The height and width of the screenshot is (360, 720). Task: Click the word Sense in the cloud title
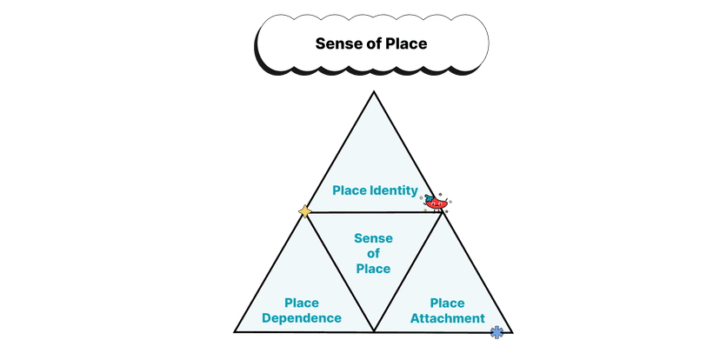click(334, 43)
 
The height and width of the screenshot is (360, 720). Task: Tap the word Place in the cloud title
click(405, 43)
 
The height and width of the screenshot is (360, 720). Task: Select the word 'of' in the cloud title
click(370, 43)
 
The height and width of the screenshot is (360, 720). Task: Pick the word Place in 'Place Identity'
click(348, 191)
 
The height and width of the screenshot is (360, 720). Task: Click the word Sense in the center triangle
click(373, 238)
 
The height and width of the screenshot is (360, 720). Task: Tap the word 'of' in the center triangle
click(373, 253)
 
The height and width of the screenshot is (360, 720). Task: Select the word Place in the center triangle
click(373, 269)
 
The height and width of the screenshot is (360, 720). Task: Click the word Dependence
click(302, 318)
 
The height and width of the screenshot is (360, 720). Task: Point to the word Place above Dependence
click(302, 303)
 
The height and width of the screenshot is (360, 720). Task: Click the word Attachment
click(447, 318)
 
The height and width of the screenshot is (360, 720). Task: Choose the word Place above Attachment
click(447, 303)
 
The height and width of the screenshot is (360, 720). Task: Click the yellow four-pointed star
click(304, 211)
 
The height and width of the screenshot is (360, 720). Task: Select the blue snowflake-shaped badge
click(497, 331)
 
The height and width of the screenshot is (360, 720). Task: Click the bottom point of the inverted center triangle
click(374, 331)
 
